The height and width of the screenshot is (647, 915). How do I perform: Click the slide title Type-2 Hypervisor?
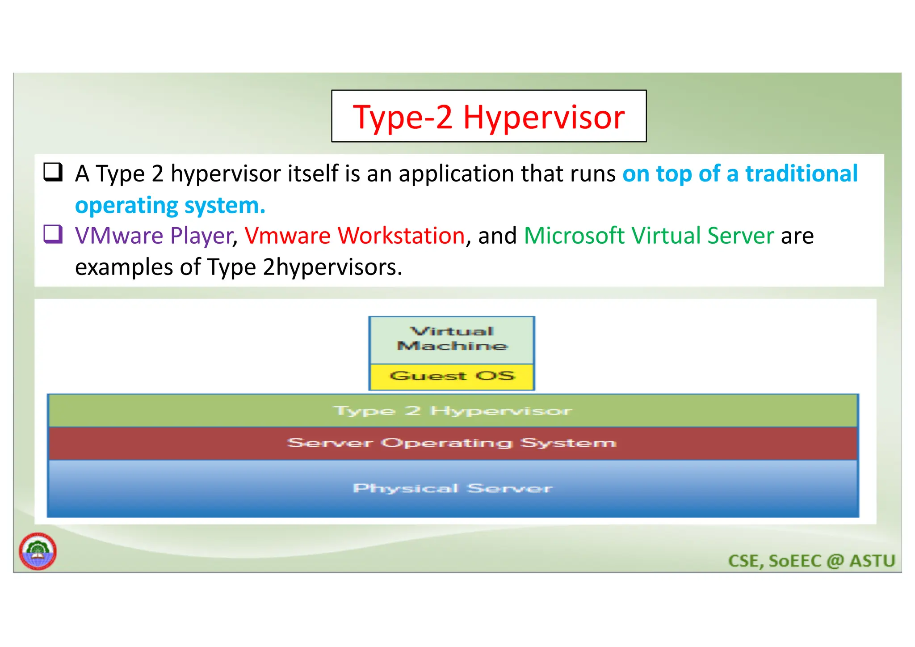point(488,117)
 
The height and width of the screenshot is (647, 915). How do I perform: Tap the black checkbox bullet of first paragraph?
point(53,172)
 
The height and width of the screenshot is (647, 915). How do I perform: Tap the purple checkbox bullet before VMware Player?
point(53,234)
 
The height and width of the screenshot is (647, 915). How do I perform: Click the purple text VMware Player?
point(154,236)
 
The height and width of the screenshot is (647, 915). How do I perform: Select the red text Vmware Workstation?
point(354,236)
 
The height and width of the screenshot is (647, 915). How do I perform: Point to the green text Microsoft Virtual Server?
point(648,236)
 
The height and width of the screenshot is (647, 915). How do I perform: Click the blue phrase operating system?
point(170,206)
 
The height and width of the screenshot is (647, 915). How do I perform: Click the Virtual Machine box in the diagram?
point(451,339)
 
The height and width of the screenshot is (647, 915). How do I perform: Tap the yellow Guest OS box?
point(452,376)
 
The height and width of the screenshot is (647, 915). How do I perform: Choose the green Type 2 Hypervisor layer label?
point(452,410)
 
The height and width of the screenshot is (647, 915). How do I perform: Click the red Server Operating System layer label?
point(451,443)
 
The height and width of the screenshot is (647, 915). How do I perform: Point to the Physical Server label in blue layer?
point(452,488)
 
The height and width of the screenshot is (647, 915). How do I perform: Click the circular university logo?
point(38,551)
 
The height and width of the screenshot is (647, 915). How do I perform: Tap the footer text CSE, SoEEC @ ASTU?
point(811,561)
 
